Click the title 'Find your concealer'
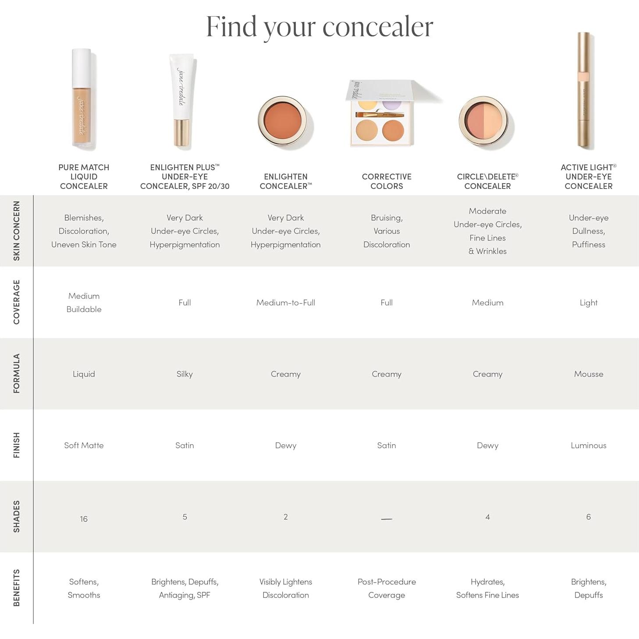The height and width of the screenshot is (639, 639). point(319,26)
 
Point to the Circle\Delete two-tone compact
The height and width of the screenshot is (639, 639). point(486,123)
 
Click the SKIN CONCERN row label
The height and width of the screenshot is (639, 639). point(16,231)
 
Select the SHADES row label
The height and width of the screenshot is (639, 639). point(16,516)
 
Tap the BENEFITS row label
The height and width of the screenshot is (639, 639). point(16,588)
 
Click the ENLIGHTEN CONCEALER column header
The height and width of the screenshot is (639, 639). point(285,181)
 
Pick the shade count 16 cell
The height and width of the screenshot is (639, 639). point(84,519)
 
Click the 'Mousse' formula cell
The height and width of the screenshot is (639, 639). point(588,374)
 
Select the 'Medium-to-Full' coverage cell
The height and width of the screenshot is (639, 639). point(285,302)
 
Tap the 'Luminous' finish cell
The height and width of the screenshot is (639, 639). point(588,445)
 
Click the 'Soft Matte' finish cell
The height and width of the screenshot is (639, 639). point(84,445)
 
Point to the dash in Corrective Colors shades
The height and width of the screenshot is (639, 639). point(386,519)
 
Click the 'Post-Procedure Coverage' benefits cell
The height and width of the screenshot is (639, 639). point(386,588)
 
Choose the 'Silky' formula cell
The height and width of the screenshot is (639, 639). point(185,374)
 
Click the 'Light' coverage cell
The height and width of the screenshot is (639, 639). point(588,302)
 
